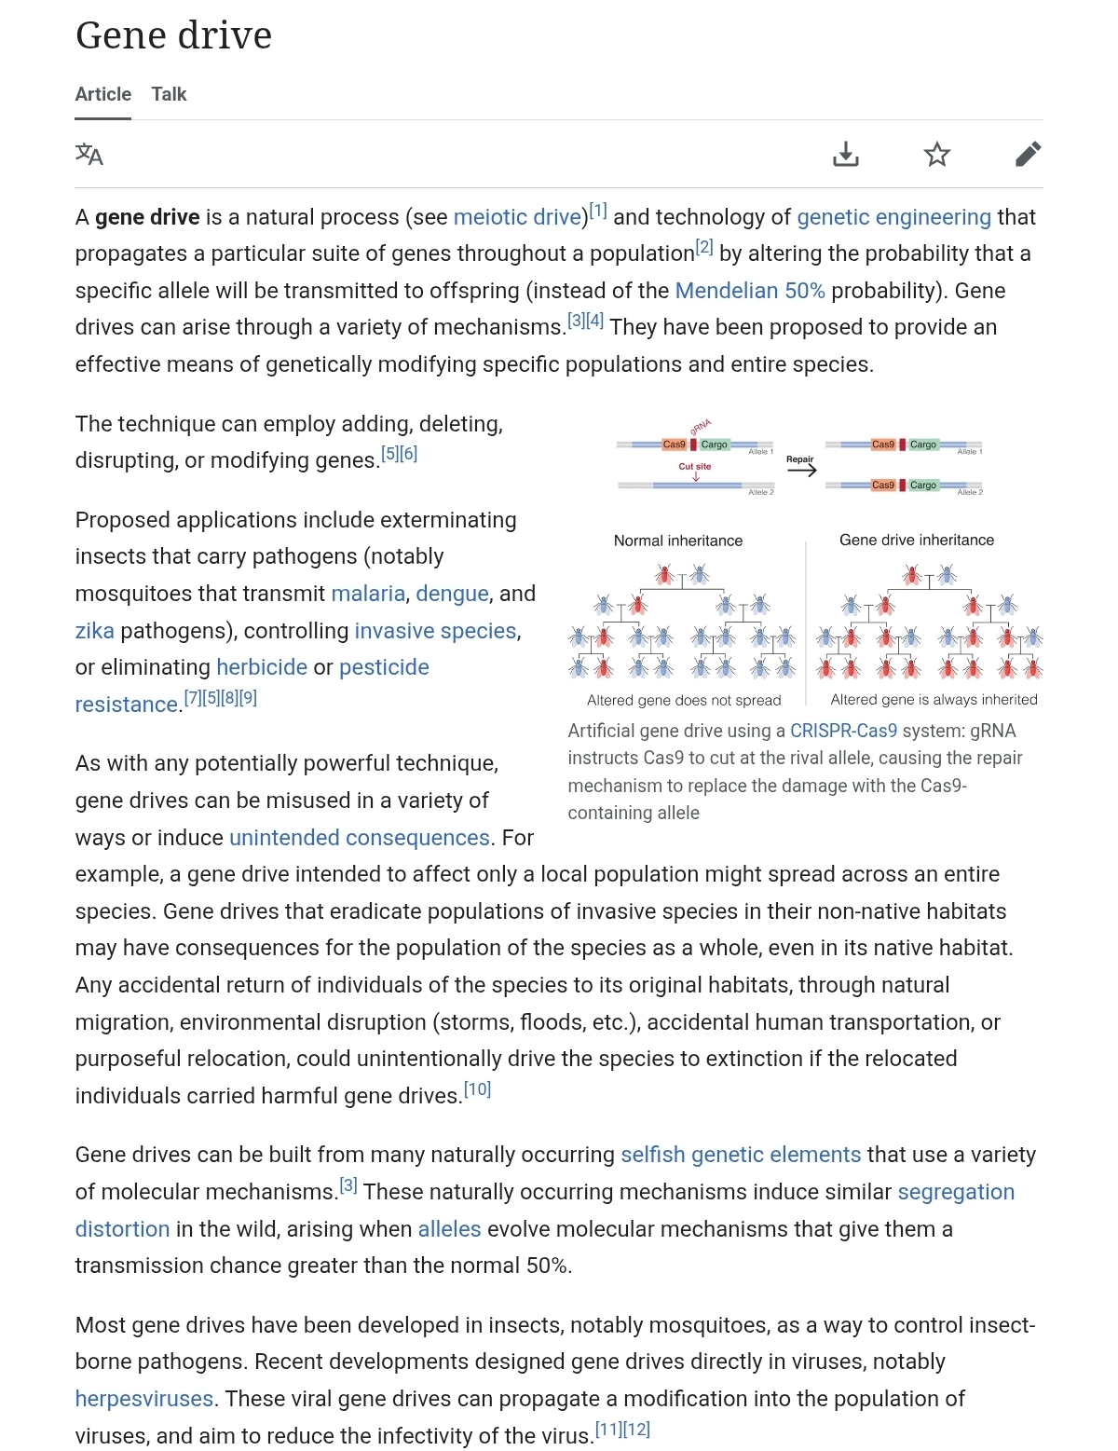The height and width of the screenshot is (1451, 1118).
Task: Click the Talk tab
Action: (169, 94)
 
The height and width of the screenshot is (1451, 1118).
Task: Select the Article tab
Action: (102, 94)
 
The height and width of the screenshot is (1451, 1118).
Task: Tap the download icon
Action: (845, 154)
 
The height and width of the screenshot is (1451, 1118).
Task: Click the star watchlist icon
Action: (936, 154)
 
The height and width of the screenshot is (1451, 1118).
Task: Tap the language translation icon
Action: (89, 154)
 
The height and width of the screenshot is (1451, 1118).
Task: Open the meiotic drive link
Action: (517, 217)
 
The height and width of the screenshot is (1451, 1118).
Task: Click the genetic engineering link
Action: (893, 217)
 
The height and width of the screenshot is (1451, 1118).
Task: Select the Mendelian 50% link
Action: (749, 291)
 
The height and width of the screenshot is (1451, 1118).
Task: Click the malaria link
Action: (368, 594)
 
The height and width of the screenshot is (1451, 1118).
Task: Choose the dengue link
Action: (452, 594)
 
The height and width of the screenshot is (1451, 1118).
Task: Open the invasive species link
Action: (435, 631)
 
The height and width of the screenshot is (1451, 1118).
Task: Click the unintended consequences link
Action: (359, 838)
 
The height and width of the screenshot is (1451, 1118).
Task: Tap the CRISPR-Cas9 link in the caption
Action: (843, 731)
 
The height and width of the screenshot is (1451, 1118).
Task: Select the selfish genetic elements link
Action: (741, 1155)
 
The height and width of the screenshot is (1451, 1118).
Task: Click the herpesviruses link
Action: (144, 1399)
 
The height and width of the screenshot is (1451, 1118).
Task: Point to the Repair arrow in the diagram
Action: (800, 470)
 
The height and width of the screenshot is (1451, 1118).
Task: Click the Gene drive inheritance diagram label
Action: (916, 540)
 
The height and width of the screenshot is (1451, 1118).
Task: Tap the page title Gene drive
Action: (174, 35)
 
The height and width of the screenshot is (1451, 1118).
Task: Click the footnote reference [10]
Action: (477, 1089)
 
